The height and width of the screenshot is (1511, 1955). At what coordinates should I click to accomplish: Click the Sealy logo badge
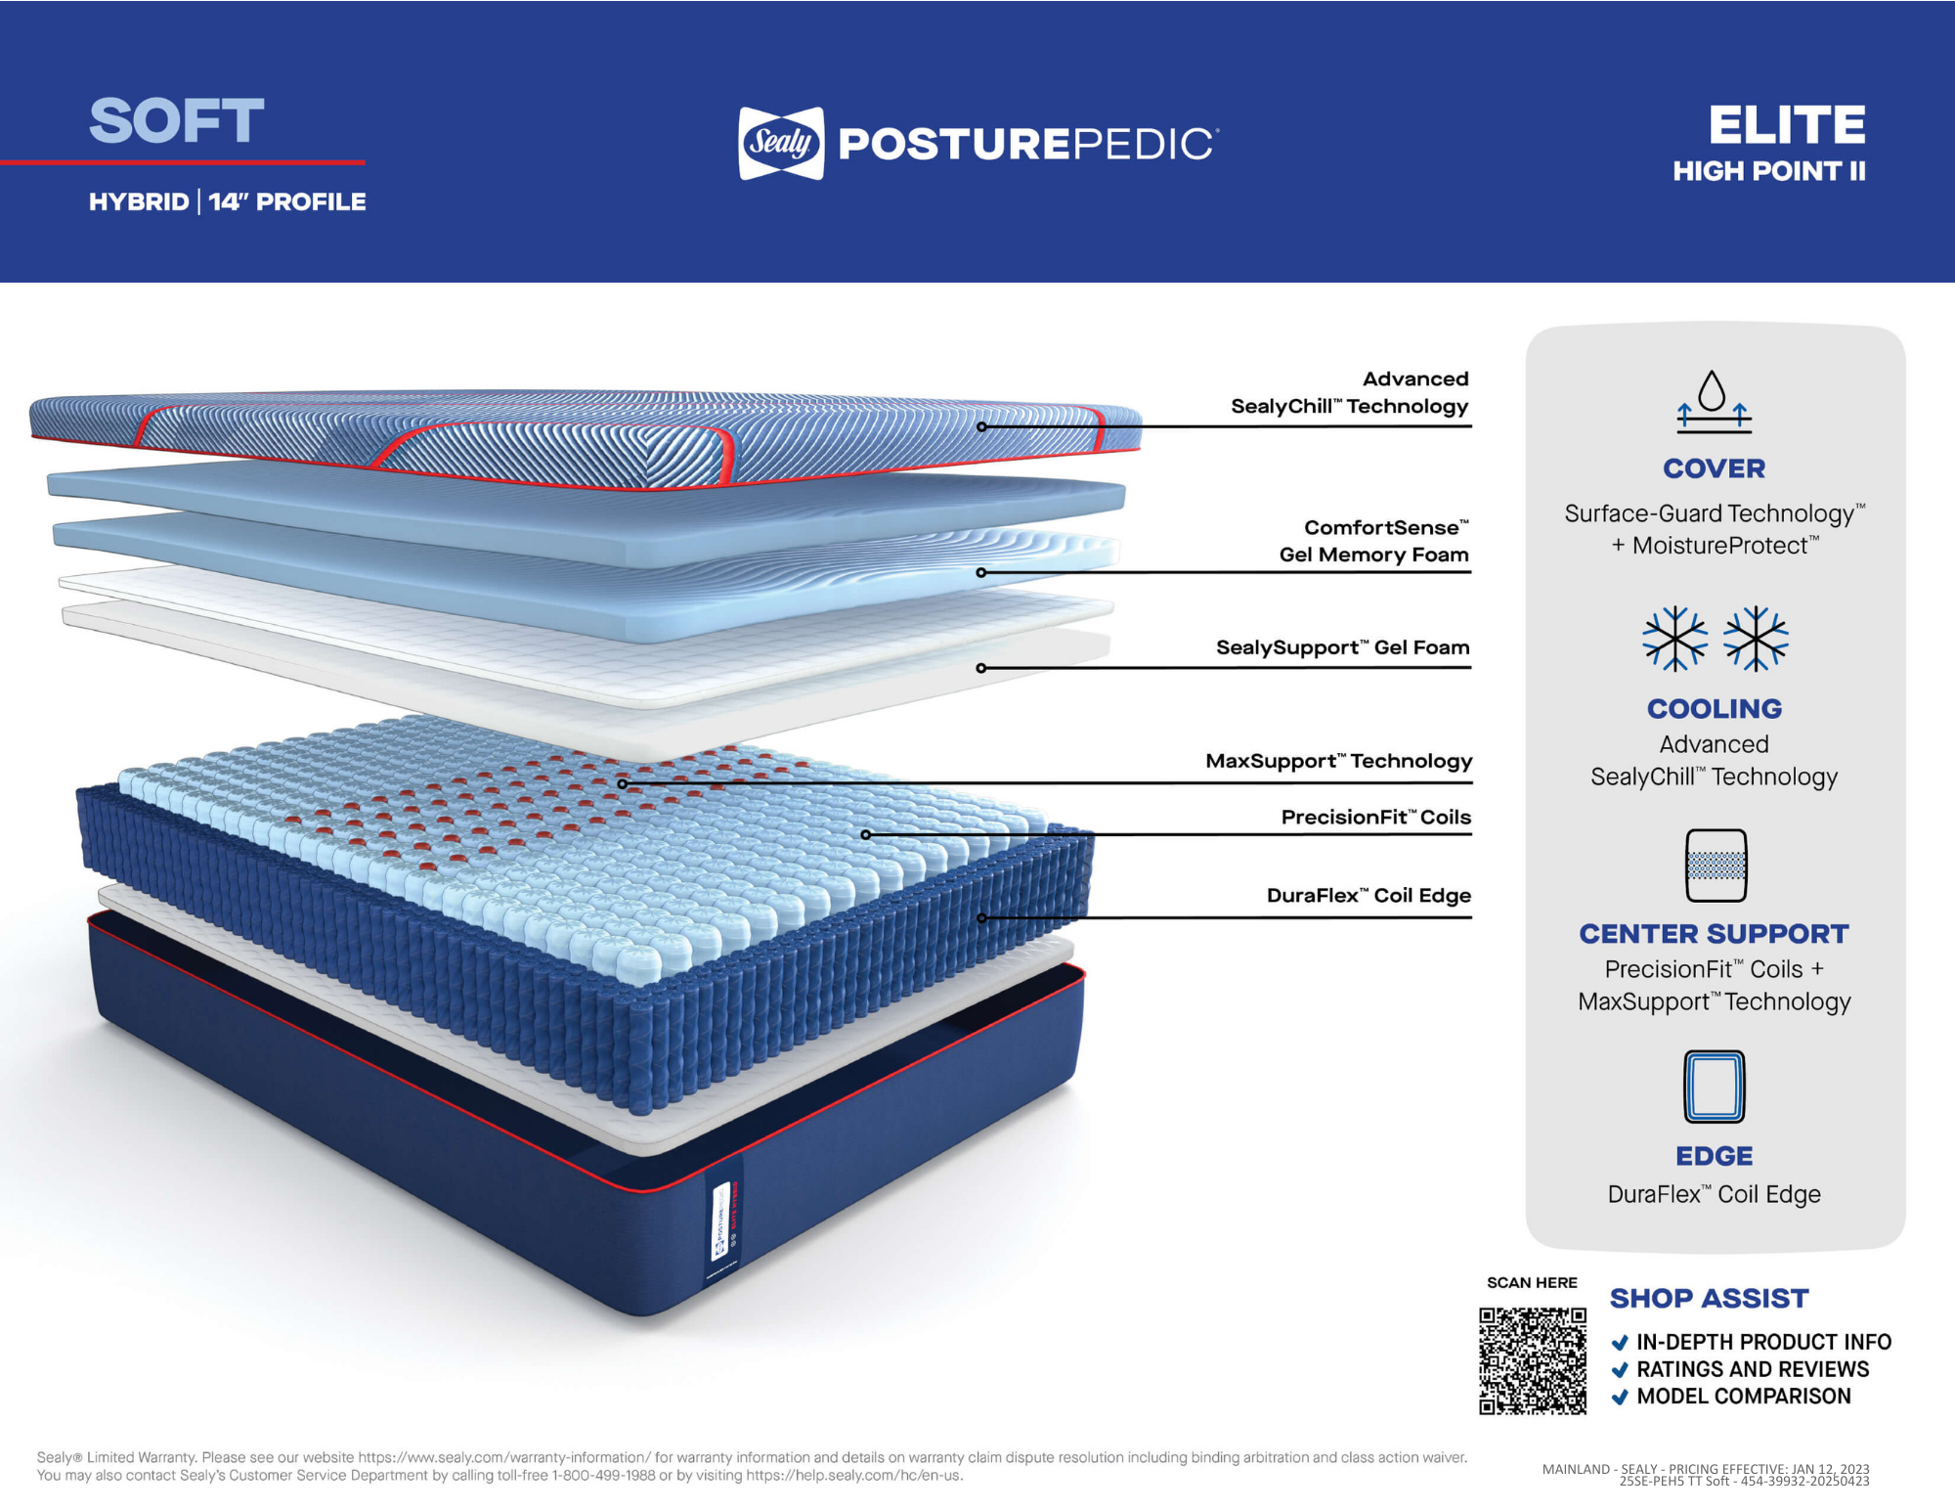(781, 144)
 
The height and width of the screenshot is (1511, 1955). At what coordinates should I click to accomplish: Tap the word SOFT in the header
(177, 121)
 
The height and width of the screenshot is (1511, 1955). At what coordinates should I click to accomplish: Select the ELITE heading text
(1787, 125)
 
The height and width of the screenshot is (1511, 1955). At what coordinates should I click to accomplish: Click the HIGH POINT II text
(1768, 172)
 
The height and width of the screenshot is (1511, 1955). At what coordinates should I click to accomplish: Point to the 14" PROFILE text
(287, 202)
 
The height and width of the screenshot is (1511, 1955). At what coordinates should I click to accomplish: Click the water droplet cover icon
(1714, 401)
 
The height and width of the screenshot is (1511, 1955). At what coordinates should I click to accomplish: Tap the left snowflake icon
(1674, 639)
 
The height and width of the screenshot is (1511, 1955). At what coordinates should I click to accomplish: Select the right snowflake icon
(1756, 639)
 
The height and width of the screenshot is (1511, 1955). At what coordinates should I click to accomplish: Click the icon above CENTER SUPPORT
(1716, 866)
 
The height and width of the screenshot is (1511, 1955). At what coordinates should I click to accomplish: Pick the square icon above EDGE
(1715, 1087)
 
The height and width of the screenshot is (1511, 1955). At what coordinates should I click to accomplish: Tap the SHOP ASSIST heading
(1709, 1299)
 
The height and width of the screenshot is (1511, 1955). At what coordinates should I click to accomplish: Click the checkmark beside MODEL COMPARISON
(1620, 1398)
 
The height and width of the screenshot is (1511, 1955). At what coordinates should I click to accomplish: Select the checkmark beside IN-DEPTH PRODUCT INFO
(1620, 1343)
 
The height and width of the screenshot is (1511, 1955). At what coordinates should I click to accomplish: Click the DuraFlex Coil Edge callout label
(1368, 896)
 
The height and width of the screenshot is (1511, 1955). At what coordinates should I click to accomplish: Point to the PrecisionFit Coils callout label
(1375, 818)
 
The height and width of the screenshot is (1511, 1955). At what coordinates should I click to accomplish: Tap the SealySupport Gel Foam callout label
(1342, 647)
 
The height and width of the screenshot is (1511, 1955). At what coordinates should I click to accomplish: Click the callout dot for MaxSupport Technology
(623, 784)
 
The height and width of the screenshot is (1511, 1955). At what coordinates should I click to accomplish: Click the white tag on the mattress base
(721, 1222)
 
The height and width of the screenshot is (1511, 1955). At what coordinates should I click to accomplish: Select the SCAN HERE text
(1532, 1283)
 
